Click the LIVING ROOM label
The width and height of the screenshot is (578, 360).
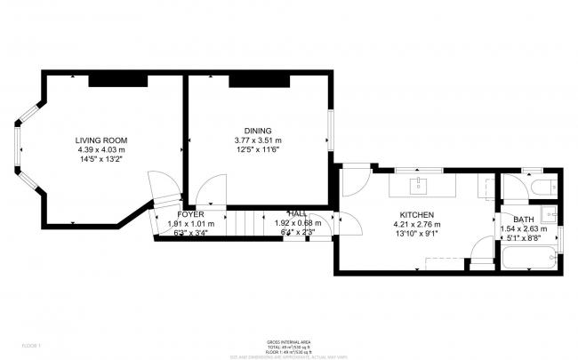(101, 140)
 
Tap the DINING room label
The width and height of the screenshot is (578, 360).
(257, 131)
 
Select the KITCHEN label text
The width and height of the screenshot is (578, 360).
(416, 215)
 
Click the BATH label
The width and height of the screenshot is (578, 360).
(523, 219)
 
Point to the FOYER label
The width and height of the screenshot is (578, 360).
(189, 215)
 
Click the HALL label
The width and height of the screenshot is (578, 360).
(297, 214)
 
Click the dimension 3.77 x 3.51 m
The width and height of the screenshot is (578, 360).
(257, 140)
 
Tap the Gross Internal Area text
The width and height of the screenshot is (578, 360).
(288, 341)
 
